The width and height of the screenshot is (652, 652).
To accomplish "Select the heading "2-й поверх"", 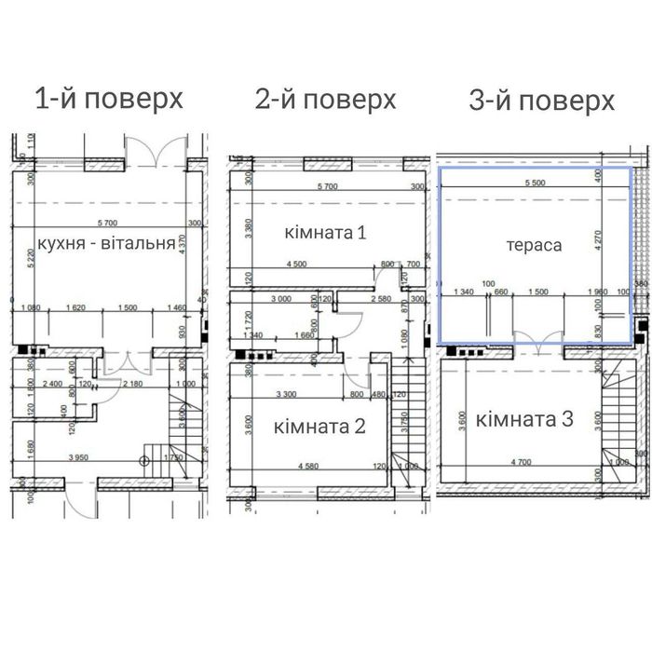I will [x=326, y=99].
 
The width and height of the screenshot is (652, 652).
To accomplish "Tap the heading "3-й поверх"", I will [x=542, y=100].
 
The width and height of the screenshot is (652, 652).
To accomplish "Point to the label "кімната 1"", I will [x=325, y=232].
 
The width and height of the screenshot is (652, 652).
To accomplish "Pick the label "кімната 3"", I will [x=525, y=419].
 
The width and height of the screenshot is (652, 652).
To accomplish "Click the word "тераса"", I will [x=535, y=246].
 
